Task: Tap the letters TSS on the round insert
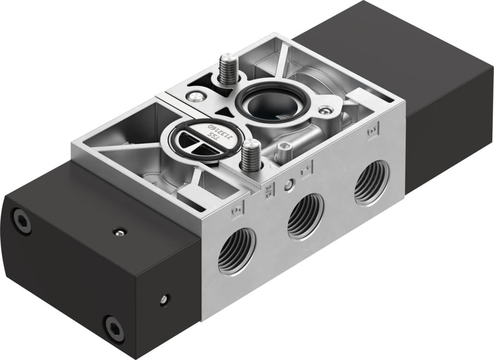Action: click(x=213, y=137)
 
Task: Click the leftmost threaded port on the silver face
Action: click(x=237, y=250)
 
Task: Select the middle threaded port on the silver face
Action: click(x=305, y=216)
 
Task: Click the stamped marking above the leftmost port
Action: click(x=237, y=212)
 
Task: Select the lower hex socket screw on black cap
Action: click(x=114, y=327)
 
